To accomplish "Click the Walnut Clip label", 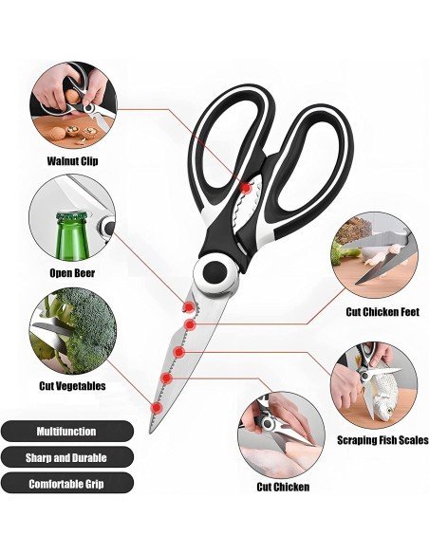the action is click(x=72, y=161).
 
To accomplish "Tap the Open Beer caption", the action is click(x=72, y=273).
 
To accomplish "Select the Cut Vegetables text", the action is click(x=72, y=385).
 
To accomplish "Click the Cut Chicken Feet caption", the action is click(x=382, y=312).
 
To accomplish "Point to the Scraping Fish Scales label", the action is click(x=382, y=440).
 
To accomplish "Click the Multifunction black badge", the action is click(x=66, y=431).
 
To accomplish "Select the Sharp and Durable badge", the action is click(x=66, y=457).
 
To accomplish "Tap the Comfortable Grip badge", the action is click(x=66, y=484).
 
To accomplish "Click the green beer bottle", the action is click(x=72, y=236).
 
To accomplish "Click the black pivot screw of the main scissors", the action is click(x=214, y=271).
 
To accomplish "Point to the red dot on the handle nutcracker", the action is click(x=245, y=188).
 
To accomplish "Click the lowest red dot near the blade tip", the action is click(x=157, y=408).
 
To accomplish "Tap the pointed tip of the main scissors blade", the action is click(x=151, y=433).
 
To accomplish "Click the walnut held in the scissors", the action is click(x=73, y=96).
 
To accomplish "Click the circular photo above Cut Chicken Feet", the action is click(x=375, y=255).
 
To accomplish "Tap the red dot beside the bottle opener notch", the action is click(x=188, y=307).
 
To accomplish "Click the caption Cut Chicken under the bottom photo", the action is click(x=283, y=487).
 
